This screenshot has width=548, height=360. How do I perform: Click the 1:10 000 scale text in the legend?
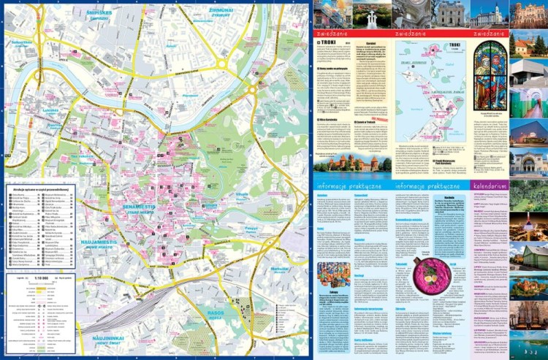point(47,278)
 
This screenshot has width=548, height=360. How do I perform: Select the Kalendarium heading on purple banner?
point(489,186)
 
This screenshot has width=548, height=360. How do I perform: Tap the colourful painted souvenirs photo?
point(333,271)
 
